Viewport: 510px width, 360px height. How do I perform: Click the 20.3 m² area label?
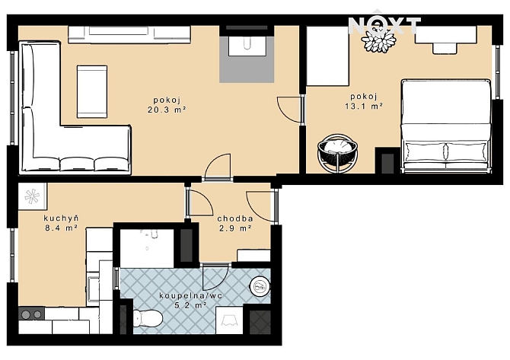(167, 110)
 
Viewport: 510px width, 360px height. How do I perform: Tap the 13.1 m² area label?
(364, 106)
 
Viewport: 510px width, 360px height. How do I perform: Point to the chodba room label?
(235, 218)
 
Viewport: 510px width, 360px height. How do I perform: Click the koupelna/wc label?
(191, 295)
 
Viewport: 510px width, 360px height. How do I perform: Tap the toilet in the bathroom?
(148, 318)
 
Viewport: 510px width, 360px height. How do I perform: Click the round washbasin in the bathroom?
(260, 286)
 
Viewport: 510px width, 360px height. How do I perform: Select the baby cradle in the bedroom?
(338, 153)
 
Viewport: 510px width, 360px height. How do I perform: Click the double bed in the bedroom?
(446, 126)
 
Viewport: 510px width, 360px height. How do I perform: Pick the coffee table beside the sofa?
(92, 91)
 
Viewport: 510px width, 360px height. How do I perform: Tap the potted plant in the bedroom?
(379, 40)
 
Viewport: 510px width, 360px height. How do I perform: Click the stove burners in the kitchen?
(31, 314)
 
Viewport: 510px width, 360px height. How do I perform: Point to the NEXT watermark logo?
(384, 25)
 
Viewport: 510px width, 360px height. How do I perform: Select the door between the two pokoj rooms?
(290, 110)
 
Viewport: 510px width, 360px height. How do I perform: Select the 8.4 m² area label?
(61, 228)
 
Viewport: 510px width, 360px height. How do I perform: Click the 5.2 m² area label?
(191, 305)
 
